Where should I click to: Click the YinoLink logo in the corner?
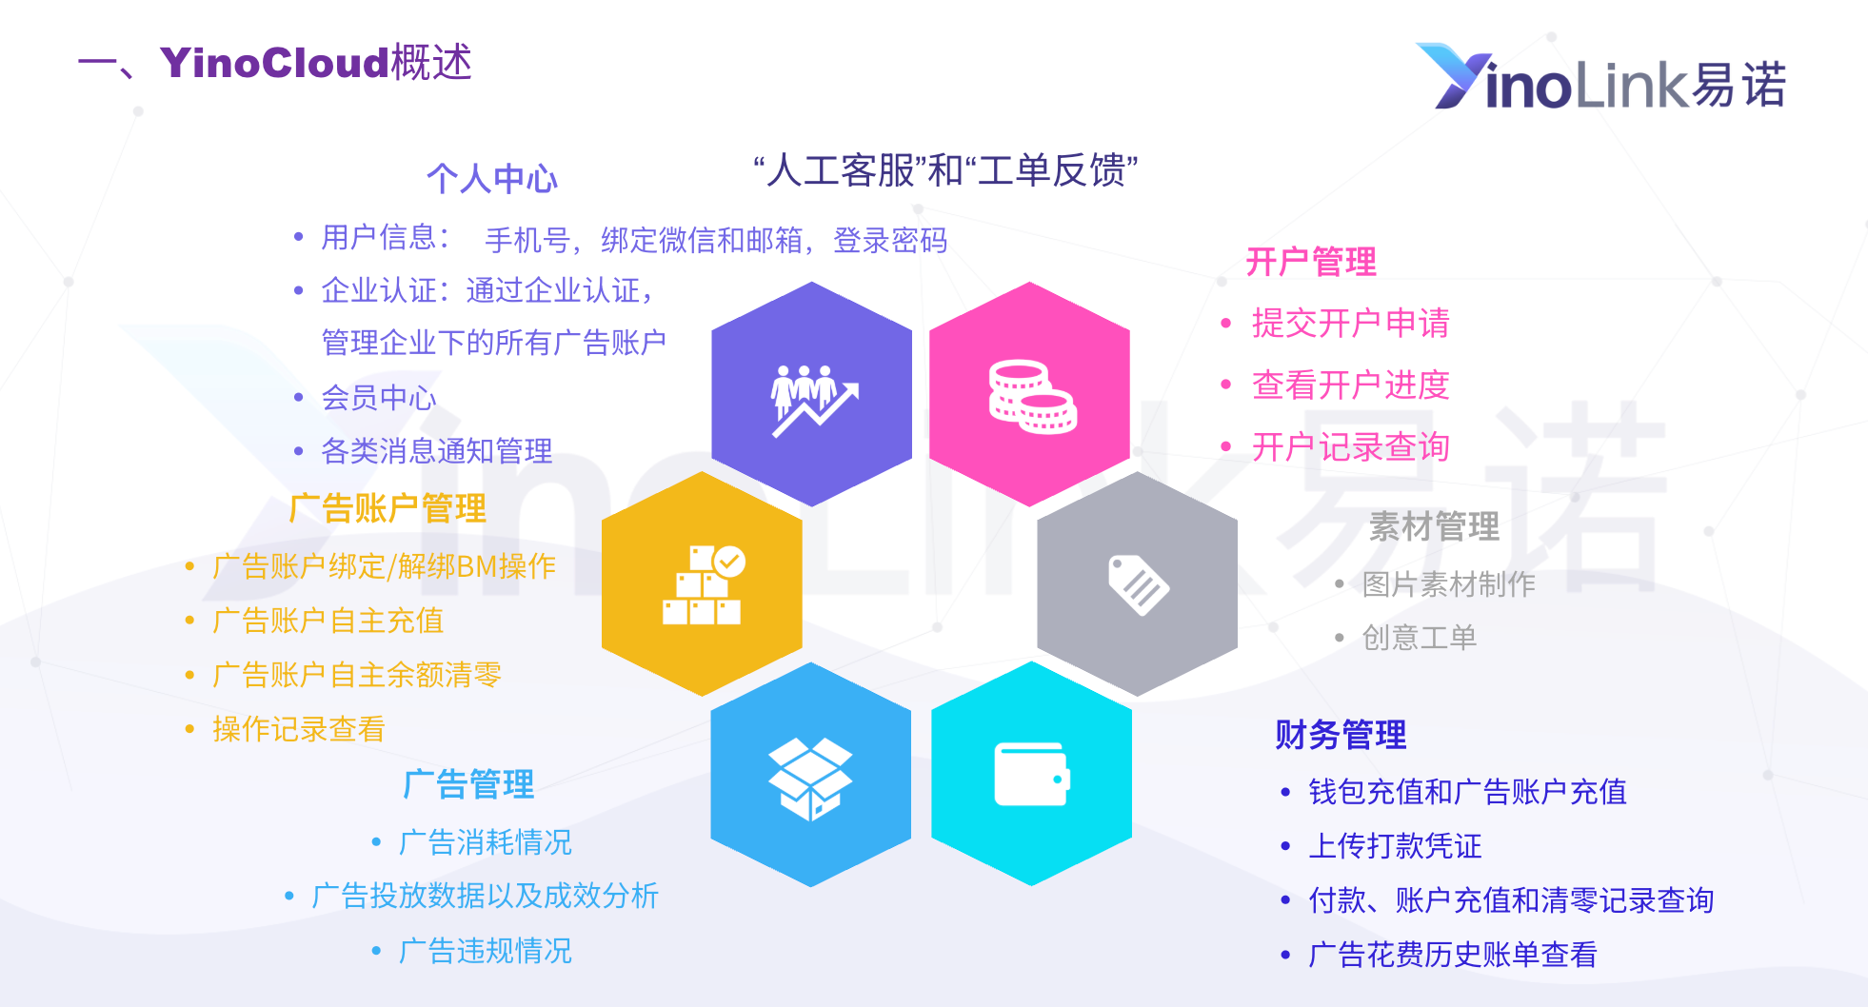[x=1600, y=77]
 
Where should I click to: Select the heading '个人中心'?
[x=491, y=178]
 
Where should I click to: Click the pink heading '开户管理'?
[x=1311, y=262]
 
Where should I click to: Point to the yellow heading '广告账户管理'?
[x=388, y=508]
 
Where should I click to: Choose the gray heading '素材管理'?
[x=1434, y=526]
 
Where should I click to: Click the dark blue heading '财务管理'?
[x=1341, y=735]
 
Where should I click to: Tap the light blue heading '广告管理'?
[x=468, y=784]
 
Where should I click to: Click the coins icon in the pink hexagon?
[x=1032, y=396]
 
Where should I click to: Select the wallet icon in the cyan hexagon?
[x=1032, y=774]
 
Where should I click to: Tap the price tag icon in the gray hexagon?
[x=1139, y=584]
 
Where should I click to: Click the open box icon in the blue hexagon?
[x=810, y=780]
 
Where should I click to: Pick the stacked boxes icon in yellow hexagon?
[x=704, y=584]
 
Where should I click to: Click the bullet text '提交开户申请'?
[x=1350, y=324]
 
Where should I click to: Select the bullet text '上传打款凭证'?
[x=1395, y=846]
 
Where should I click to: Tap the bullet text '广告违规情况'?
[x=486, y=951]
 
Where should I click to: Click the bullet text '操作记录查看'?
[x=299, y=729]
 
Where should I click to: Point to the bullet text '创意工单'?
[x=1420, y=638]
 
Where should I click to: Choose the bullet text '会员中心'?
[x=379, y=398]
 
